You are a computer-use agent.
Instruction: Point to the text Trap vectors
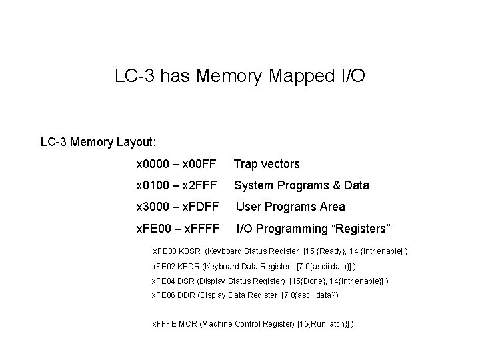[267, 164]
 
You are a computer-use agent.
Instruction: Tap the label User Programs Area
[291, 207]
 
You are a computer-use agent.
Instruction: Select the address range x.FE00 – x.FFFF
[177, 229]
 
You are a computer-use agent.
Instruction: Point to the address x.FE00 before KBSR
[165, 251]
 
